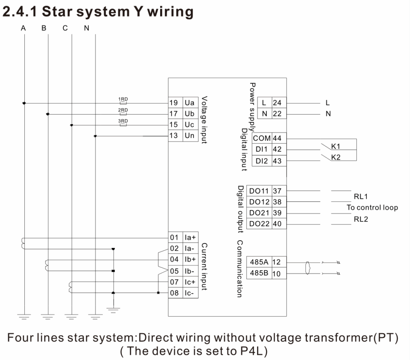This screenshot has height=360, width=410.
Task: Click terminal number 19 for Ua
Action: pos(173,103)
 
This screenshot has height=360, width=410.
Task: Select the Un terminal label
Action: pos(189,135)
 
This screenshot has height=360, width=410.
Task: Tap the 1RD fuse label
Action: pos(123,99)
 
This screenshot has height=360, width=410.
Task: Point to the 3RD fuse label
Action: pos(123,121)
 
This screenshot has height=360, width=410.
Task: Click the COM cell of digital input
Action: pos(262,138)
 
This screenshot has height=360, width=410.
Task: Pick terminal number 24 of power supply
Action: pos(277,103)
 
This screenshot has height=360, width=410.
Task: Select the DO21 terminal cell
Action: pos(259,213)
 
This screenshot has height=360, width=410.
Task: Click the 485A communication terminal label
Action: pos(259,262)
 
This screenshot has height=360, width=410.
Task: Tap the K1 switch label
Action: pos(336,146)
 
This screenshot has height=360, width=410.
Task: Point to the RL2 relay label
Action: pos(361,219)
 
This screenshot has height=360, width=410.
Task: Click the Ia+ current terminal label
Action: pos(190,237)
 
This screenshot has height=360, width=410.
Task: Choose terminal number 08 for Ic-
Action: pos(175,293)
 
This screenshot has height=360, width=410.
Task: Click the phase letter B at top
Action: pos(44,28)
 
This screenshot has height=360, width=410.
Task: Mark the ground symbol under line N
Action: pos(95,317)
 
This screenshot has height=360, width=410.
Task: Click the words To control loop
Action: pos(372,207)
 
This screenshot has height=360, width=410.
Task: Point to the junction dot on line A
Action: pos(24,103)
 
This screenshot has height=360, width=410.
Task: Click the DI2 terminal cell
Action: pos(262,161)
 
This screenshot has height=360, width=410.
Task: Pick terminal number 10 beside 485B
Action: pos(276,274)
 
